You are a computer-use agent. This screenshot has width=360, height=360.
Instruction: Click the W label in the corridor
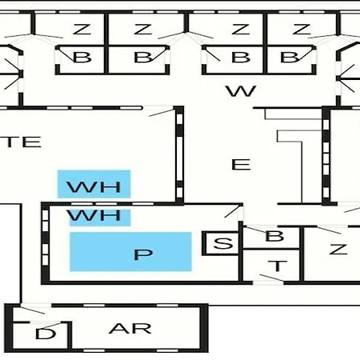click(242, 91)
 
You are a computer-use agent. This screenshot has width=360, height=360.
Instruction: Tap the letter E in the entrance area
click(241, 164)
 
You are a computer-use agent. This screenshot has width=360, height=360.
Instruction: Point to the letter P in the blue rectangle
click(143, 254)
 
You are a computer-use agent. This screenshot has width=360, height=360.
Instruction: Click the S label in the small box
click(223, 243)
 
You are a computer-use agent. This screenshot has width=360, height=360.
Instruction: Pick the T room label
click(278, 266)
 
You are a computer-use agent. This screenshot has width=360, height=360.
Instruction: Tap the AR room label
click(130, 329)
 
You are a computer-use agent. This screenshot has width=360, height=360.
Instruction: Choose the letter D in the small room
click(46, 334)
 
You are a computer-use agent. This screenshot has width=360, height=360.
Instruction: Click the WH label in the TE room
click(94, 187)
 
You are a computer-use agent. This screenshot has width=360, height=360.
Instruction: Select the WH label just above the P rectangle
click(94, 215)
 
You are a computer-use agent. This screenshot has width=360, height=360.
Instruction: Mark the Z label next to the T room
click(338, 250)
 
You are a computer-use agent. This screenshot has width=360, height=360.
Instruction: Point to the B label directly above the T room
click(274, 236)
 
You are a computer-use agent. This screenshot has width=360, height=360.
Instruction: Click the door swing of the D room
click(50, 325)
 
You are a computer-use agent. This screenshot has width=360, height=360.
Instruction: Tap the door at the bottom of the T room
click(271, 278)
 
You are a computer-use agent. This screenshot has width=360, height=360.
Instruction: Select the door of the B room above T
click(257, 230)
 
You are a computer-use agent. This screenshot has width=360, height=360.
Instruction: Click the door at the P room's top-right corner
click(233, 211)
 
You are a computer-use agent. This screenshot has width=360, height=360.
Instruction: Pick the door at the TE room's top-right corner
click(162, 113)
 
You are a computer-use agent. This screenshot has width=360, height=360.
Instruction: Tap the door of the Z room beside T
click(329, 230)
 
